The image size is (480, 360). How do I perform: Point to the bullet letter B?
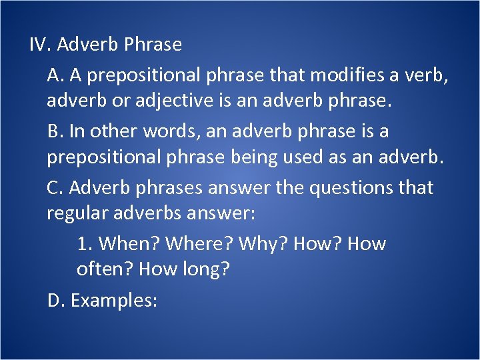point(55,131)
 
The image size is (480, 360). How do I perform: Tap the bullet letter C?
point(55,188)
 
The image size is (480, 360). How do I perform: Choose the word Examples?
point(114,301)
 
